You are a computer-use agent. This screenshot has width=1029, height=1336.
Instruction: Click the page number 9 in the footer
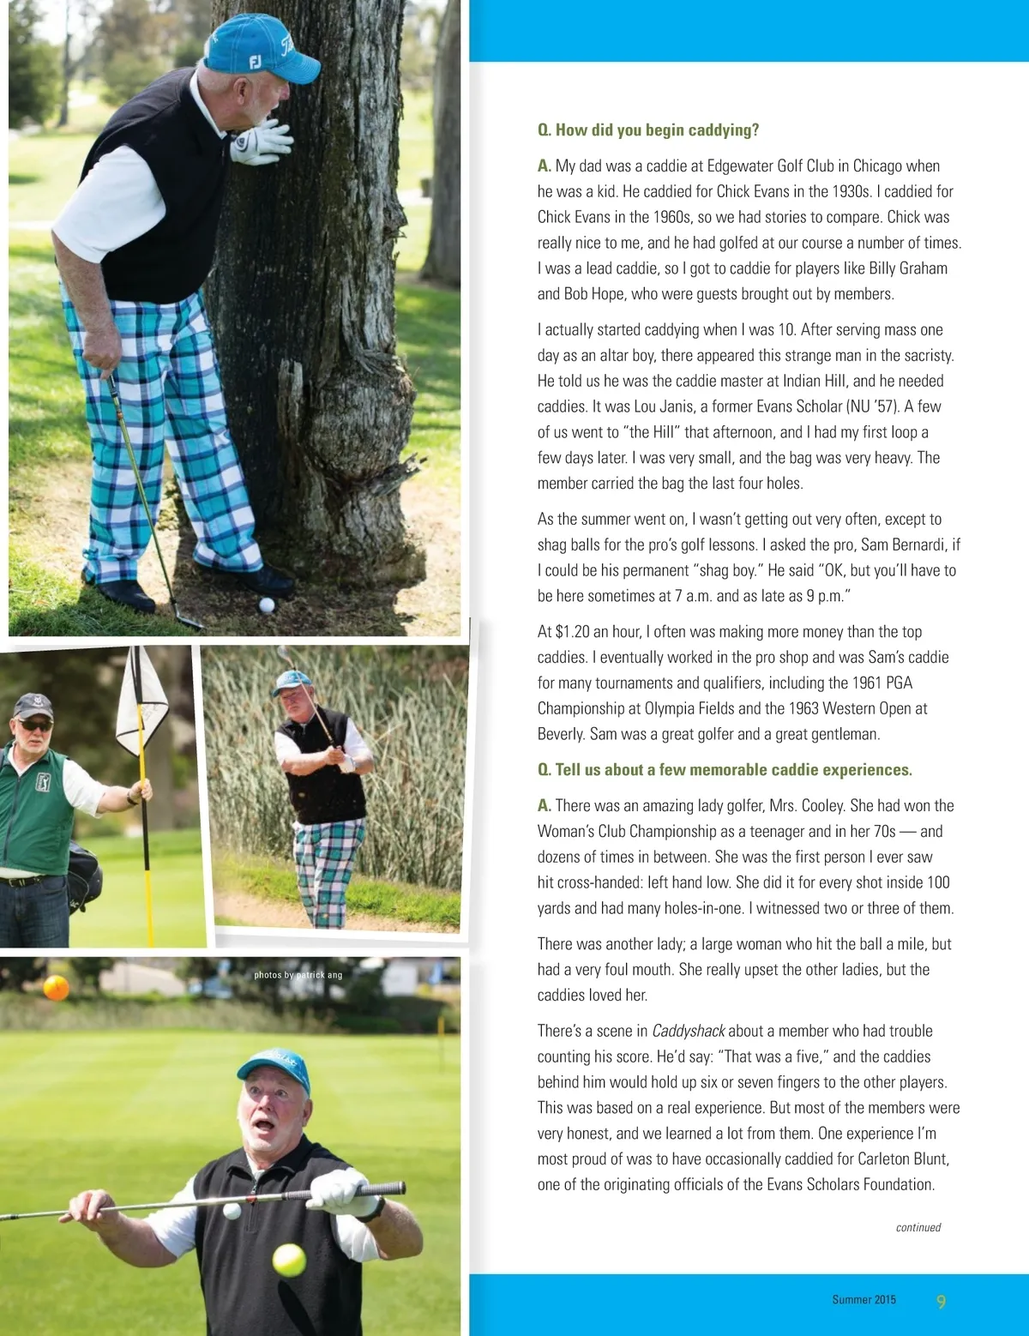coord(941,1302)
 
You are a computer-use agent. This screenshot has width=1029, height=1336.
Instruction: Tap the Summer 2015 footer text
coord(864,1300)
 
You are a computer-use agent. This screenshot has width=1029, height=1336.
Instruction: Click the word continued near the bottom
coord(918,1228)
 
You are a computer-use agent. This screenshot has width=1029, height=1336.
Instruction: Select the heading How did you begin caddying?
coord(648,130)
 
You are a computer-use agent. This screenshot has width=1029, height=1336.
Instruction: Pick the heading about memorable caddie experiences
coord(725,770)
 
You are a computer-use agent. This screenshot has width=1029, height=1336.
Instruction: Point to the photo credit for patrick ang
coord(298,975)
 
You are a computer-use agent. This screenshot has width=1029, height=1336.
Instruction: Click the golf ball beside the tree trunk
coord(267,605)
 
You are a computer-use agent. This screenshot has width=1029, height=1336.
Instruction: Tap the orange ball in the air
coord(56,988)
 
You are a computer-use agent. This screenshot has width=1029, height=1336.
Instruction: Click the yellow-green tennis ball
coord(289,1261)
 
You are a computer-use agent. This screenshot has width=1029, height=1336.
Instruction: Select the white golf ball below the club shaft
coord(232,1211)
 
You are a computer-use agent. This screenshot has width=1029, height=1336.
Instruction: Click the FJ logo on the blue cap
coord(256,62)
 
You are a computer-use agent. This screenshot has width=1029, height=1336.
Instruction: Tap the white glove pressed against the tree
coord(260,141)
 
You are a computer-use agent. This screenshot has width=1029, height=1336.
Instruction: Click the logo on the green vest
coord(43,781)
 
